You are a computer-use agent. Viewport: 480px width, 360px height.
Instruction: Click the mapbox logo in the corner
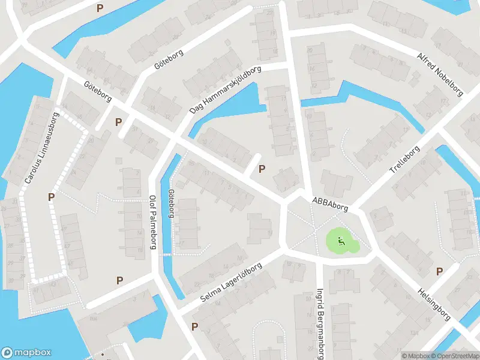click(26, 353)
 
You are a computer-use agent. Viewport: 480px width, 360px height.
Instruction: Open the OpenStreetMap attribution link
click(454, 355)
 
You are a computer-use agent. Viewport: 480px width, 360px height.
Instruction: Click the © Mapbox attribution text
click(415, 355)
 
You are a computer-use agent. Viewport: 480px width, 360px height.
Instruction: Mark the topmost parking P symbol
click(100, 8)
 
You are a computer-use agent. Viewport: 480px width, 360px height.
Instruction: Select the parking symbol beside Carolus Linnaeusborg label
click(52, 196)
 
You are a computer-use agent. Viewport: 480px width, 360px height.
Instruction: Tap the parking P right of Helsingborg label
click(439, 271)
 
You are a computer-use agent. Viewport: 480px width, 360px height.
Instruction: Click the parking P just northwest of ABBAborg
click(261, 169)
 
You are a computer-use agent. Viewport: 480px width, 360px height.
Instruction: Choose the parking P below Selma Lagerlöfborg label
click(194, 326)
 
